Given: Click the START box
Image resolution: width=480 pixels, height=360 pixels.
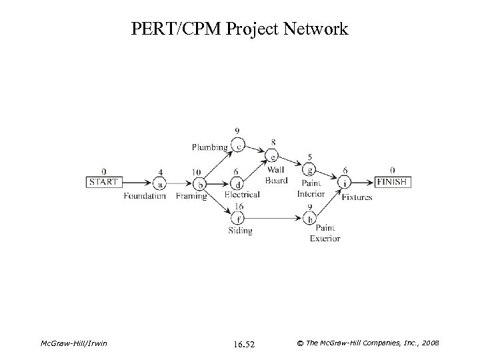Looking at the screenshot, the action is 103,181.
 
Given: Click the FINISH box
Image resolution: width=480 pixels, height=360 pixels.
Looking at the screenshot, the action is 392,181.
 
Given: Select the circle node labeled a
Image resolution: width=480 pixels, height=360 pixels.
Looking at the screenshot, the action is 159,182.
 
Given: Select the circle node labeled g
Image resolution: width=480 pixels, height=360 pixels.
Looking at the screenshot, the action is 310,169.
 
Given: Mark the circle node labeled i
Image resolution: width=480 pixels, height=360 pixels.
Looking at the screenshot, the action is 345,182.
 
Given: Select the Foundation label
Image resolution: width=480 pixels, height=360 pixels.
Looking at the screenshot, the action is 145,196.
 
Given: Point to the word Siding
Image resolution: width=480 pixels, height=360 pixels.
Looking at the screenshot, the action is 240,231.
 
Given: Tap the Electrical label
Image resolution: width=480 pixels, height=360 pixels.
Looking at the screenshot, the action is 242,195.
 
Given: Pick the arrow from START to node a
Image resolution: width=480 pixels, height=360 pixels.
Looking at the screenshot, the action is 136,182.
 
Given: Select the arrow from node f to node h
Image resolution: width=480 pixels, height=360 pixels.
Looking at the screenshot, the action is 274,217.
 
